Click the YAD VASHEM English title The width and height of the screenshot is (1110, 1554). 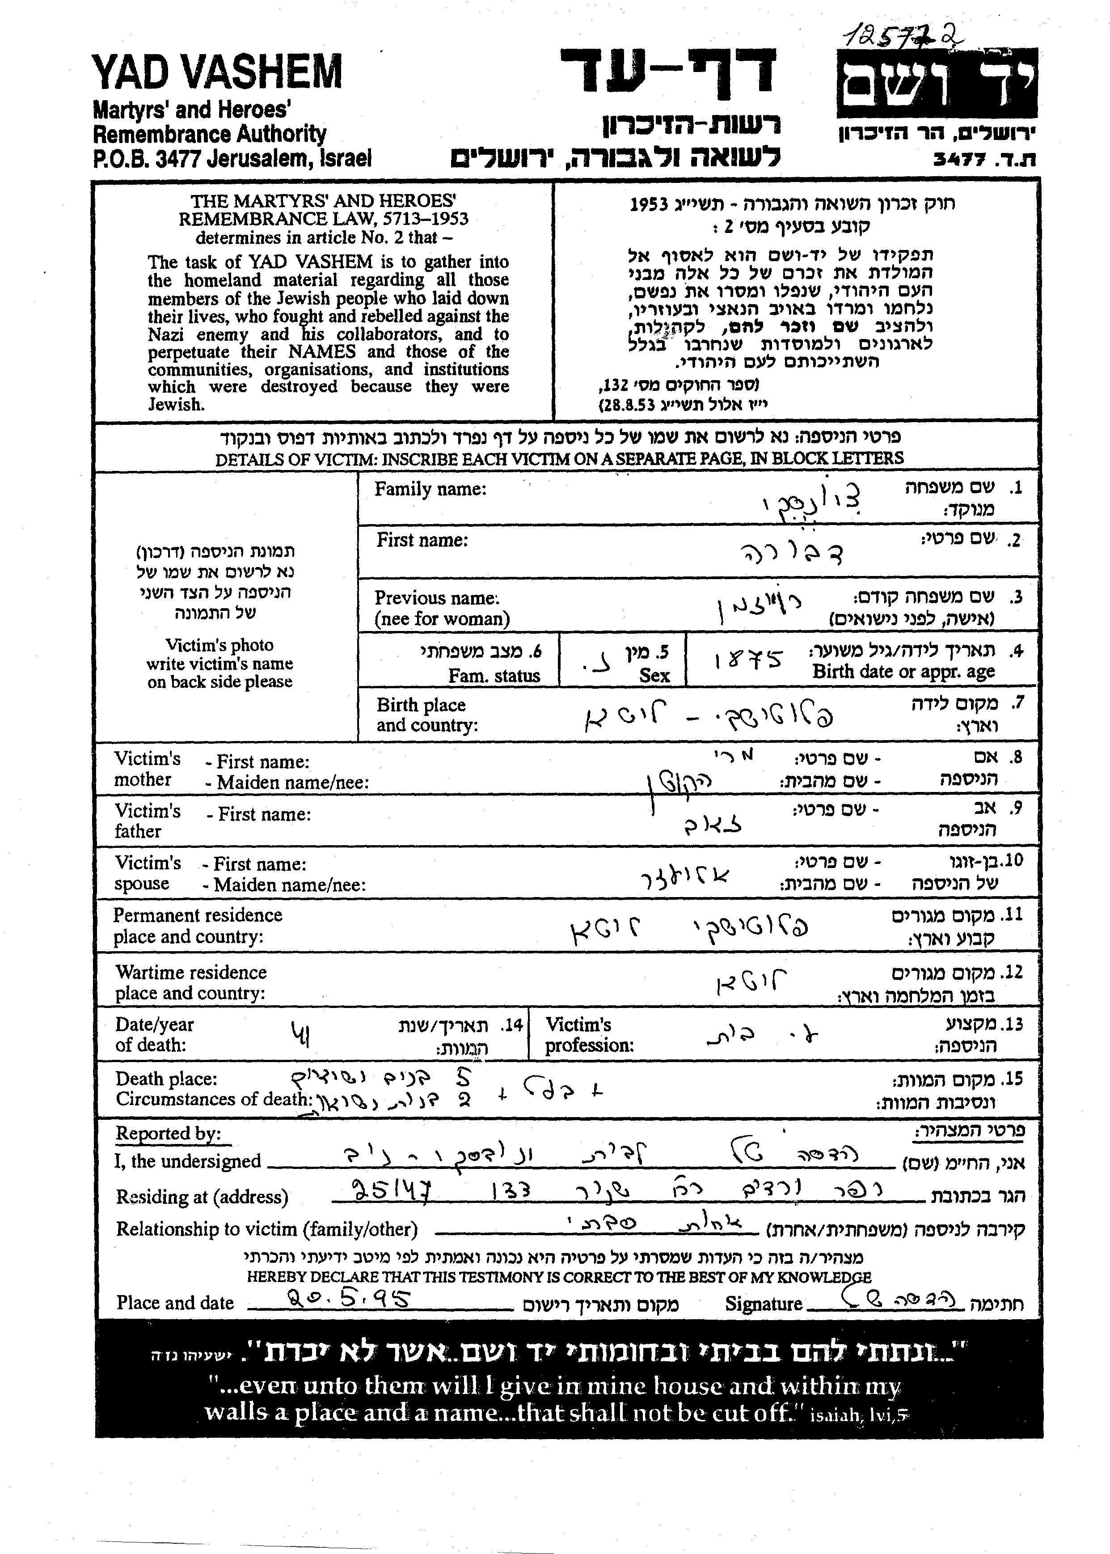[x=217, y=72]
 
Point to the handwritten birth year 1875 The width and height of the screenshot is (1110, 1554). [x=748, y=661]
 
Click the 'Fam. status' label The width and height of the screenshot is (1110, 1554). [x=494, y=675]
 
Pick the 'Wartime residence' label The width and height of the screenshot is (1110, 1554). [x=191, y=972]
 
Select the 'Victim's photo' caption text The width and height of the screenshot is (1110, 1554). [x=219, y=645]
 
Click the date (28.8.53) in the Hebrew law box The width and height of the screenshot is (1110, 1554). [x=627, y=405]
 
